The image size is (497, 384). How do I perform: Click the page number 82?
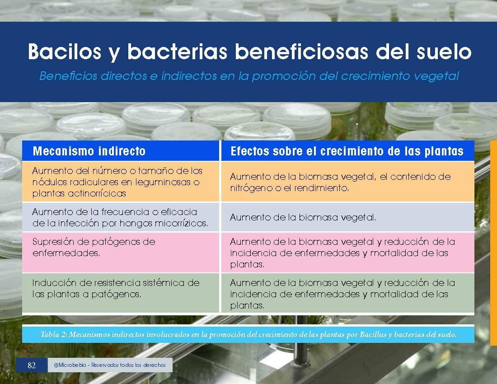32,365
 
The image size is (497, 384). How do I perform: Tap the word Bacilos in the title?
65,52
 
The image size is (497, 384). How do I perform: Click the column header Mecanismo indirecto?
89,151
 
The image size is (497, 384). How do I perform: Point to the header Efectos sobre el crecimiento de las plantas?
347,151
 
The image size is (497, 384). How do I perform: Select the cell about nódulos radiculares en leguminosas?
121,182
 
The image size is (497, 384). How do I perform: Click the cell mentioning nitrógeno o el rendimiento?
348,182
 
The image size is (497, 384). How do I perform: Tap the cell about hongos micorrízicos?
121,217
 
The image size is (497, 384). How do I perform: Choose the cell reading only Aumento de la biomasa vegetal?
348,217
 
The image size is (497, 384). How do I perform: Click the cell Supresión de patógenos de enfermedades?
121,253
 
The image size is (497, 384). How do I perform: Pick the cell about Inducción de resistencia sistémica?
121,293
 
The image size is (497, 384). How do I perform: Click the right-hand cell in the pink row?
348,253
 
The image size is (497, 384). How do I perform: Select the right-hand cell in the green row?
348,293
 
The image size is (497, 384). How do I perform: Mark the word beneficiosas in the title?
301,52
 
